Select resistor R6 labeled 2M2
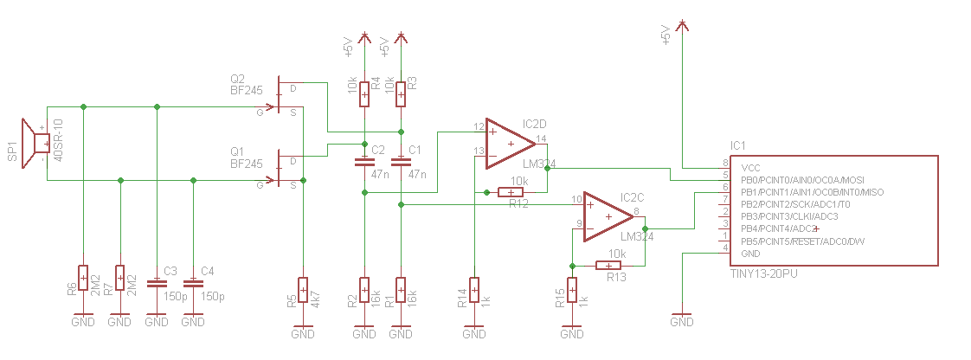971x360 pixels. coord(83,278)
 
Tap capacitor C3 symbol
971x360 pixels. coord(157,283)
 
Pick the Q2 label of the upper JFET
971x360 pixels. coord(238,76)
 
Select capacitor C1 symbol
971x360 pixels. coord(401,161)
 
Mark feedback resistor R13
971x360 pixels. coord(609,265)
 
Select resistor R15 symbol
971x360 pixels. coord(572,291)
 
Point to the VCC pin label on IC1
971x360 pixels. coord(751,167)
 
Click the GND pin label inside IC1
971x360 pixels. coord(751,254)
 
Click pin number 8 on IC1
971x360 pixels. coord(725,164)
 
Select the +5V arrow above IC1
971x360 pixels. coord(683,28)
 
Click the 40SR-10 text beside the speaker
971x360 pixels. coord(59,143)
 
